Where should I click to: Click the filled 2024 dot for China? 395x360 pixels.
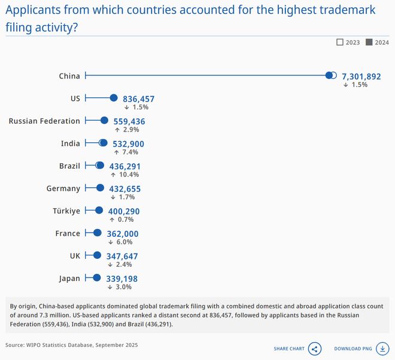pos(329,75)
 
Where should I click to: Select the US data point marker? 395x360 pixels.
pos(113,98)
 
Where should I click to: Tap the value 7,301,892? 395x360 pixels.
pos(361,77)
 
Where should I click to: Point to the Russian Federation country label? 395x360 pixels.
pos(44,121)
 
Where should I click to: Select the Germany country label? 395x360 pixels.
pos(63,188)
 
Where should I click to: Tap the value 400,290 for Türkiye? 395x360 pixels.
pos(124,211)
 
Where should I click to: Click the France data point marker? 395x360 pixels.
pos(97,233)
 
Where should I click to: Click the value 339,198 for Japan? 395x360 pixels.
pos(121,279)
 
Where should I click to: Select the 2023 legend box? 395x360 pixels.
pos(340,42)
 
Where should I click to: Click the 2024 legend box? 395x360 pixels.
pos(369,42)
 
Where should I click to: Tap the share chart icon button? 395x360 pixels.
pos(315,349)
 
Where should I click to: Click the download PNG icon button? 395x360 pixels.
pos(381,349)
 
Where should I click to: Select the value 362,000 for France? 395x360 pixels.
pos(123,234)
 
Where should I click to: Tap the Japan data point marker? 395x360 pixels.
pos(95,278)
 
